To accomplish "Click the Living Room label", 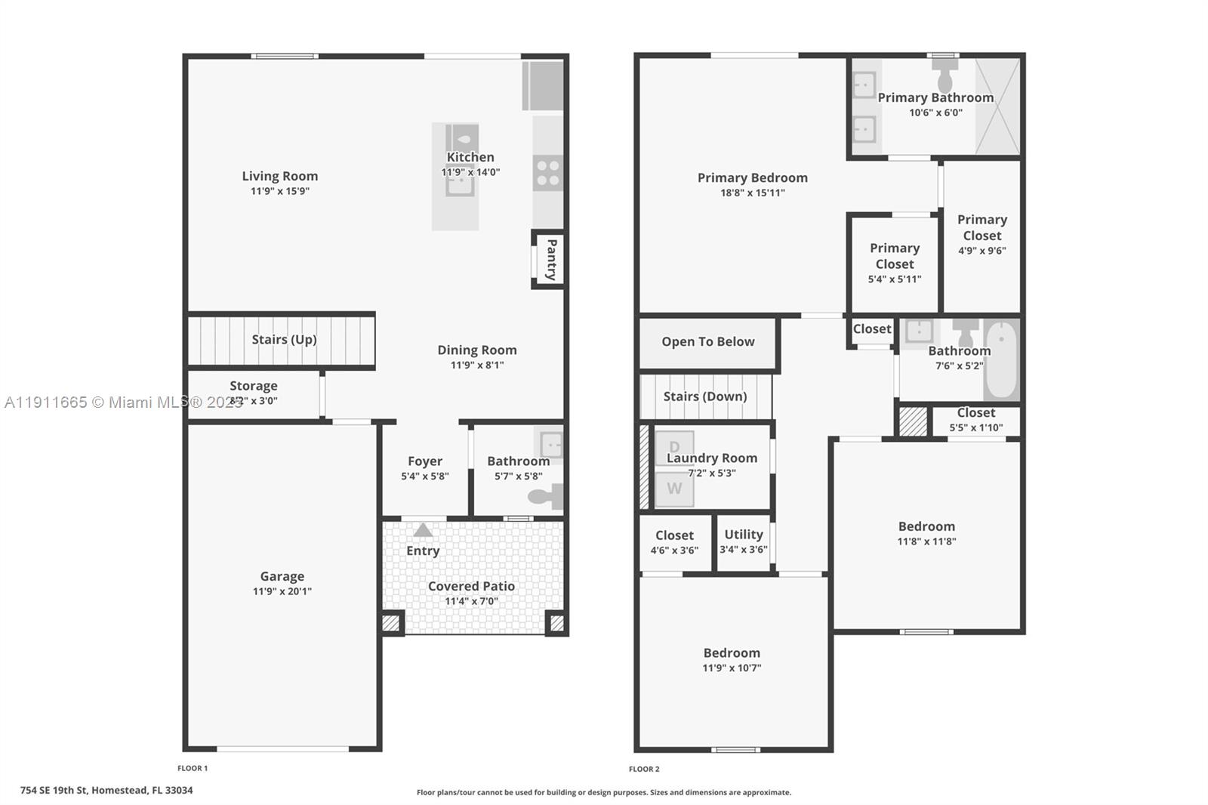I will [279, 176].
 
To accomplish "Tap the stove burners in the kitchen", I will [548, 173].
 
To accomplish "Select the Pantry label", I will [551, 260].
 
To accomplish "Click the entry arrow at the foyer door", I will [423, 530].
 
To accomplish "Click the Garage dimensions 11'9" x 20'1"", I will [282, 591].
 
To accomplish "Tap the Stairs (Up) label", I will [284, 340].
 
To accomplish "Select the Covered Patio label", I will [471, 586].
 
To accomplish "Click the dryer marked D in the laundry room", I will [673, 446].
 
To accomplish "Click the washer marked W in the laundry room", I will [673, 489].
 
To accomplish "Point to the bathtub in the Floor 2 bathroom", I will [1002, 360].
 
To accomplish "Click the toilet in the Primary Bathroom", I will [945, 76].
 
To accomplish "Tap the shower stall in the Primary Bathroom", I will [997, 106].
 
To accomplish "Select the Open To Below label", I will [707, 341].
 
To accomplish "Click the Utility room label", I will [744, 534].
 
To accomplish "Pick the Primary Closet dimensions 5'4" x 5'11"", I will [894, 279].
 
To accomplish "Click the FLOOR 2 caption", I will [644, 769].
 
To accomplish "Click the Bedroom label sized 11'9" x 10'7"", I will [732, 653].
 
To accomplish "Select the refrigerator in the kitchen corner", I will [543, 85].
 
